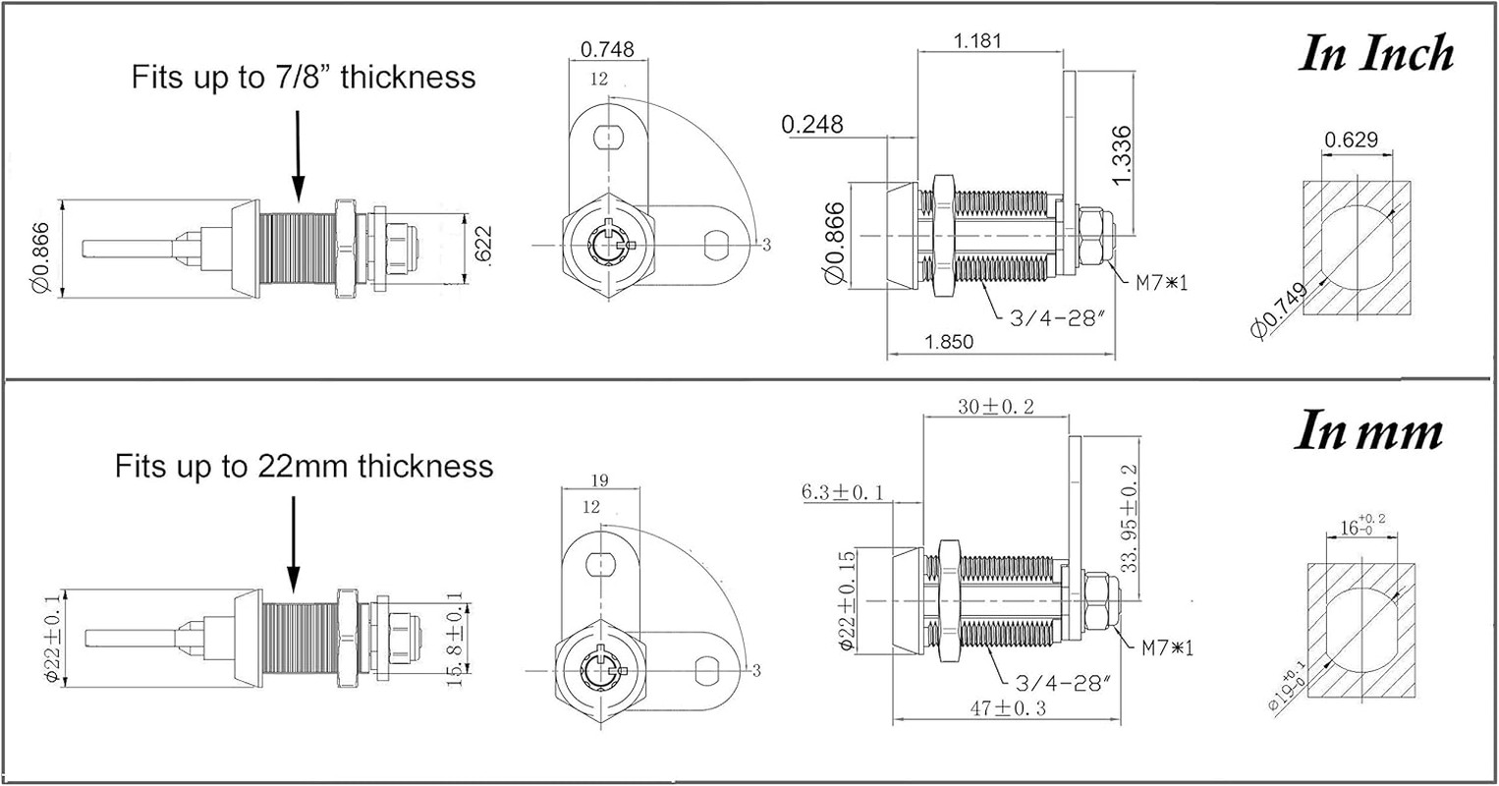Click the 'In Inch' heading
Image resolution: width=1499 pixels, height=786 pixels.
click(1376, 54)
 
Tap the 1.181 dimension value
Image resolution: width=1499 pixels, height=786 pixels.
click(977, 41)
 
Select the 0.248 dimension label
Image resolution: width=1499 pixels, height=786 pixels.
click(812, 125)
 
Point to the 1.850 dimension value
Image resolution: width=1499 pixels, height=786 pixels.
click(949, 342)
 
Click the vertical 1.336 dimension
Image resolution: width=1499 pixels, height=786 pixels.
click(1121, 154)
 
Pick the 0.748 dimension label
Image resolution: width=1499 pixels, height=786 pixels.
click(607, 49)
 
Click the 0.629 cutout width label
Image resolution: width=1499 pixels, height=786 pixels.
click(1351, 140)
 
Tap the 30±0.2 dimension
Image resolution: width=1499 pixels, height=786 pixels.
click(996, 406)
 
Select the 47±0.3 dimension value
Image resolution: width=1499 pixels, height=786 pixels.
click(1009, 707)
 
